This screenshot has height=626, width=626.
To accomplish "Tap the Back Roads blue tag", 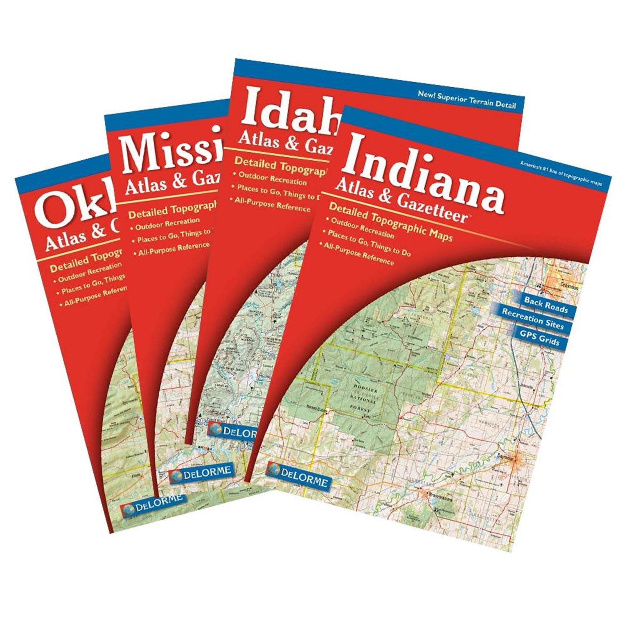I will [546, 305].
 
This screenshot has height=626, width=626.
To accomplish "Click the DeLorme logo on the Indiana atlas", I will [298, 476].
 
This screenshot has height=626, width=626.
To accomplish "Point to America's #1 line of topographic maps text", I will [560, 173].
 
